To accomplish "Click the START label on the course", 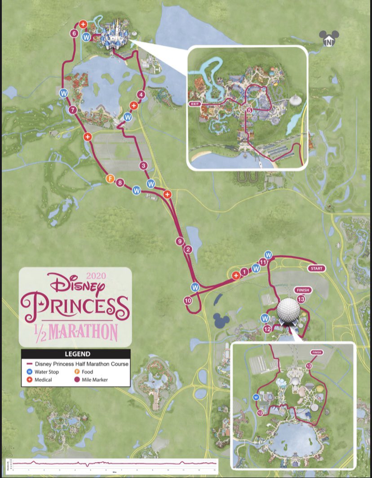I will pyautogui.click(x=316, y=268).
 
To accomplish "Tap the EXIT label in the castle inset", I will pyautogui.click(x=194, y=104).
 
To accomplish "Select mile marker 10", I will pyautogui.click(x=188, y=300).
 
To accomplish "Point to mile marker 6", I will pyautogui.click(x=74, y=33).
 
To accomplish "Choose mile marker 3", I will pyautogui.click(x=143, y=166).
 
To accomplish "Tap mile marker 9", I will pyautogui.click(x=180, y=242).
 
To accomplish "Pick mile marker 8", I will pyautogui.click(x=120, y=183).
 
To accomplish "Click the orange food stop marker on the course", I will pyautogui.click(x=109, y=179).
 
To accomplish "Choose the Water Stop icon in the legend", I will pyautogui.click(x=30, y=372).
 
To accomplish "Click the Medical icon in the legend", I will pyautogui.click(x=30, y=380).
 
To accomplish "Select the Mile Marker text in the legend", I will pyautogui.click(x=95, y=380).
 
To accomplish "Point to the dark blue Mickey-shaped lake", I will pyautogui.click(x=221, y=320).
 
